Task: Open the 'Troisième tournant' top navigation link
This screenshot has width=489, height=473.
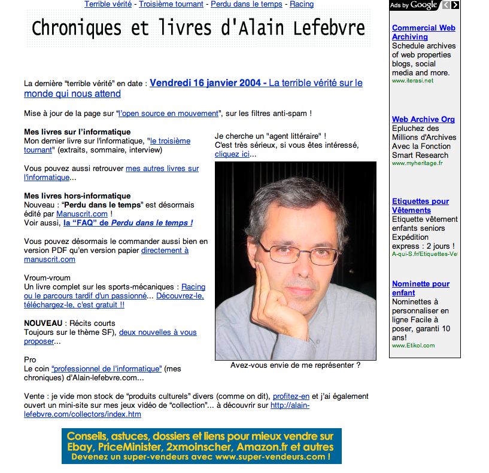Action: coord(172,4)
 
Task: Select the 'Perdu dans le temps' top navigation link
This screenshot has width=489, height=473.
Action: coord(247,4)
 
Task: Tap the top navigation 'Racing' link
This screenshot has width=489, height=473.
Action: coord(302,4)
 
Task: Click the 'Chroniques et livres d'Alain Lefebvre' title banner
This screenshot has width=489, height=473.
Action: coord(198,28)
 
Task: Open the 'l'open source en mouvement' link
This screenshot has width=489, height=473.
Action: coord(169,113)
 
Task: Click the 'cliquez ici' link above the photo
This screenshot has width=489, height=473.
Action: coord(232,154)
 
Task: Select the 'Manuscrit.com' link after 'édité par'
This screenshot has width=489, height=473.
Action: coord(82,213)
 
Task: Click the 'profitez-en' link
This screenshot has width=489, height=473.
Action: coord(291,396)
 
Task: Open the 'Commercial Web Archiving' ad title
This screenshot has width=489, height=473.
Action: coord(423,32)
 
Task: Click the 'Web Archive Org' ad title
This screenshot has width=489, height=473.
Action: coord(423,119)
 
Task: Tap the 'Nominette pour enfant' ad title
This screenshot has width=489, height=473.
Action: coord(420,288)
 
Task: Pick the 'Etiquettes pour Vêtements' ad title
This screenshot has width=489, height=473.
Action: coord(420,206)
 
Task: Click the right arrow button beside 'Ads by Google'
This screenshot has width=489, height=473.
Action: coord(455,5)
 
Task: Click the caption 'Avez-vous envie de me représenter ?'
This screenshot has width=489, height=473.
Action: coord(295,365)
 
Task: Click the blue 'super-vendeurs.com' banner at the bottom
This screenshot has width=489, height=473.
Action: coord(201,446)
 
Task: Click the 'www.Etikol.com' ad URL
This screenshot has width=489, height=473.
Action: coord(413,346)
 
